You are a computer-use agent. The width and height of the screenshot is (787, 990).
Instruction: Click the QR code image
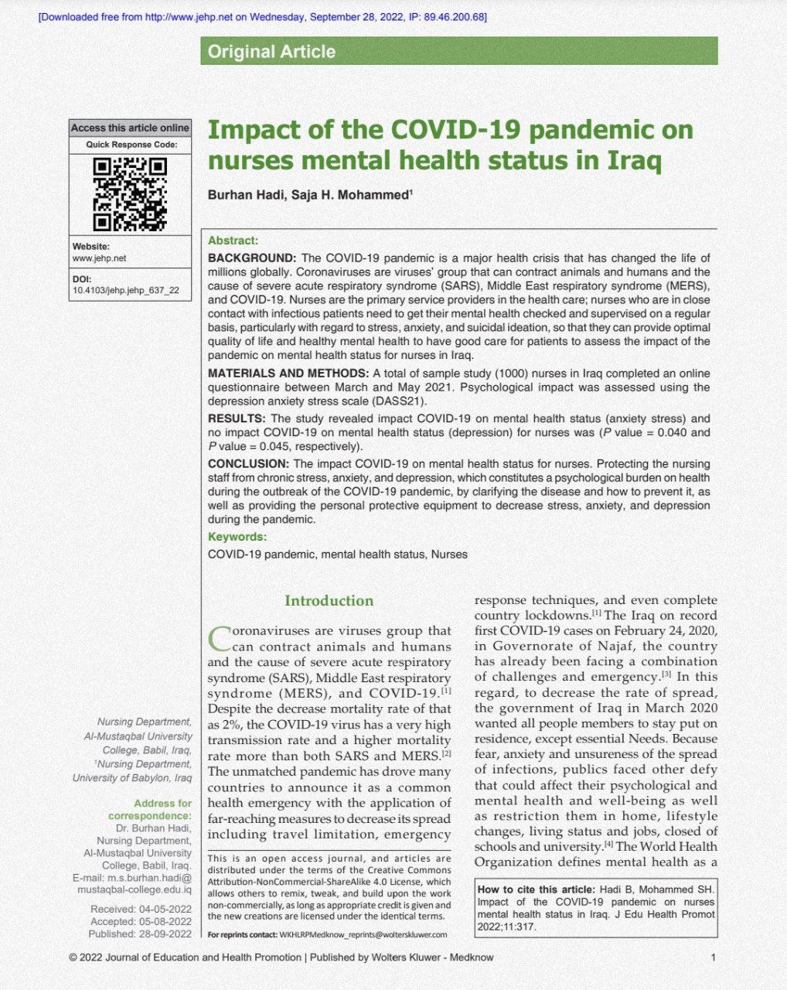130,194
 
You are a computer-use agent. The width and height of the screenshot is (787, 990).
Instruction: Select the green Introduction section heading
329,601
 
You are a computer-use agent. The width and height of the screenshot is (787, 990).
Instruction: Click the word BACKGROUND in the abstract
252,258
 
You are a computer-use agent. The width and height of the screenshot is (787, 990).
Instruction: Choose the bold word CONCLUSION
248,464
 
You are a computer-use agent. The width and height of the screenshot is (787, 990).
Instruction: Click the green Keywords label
237,537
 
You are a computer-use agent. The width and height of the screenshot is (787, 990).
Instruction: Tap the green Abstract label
233,241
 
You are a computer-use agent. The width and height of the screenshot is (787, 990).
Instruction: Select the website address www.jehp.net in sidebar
99,258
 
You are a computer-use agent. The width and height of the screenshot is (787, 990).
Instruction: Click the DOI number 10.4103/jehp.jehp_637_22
125,291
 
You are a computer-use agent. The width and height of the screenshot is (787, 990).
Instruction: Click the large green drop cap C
219,639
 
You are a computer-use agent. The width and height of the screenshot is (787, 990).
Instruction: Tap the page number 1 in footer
713,958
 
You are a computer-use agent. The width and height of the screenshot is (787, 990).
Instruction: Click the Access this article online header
130,128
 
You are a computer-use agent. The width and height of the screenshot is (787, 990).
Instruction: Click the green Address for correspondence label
150,810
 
